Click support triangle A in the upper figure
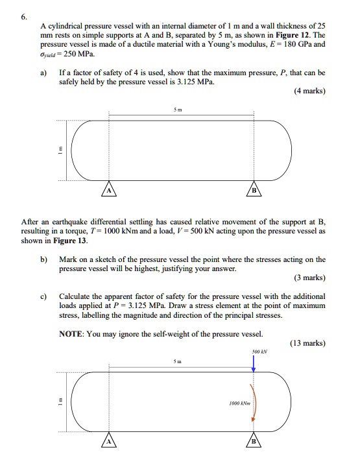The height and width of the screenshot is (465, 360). [109, 189]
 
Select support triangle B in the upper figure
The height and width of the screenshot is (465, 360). [254, 189]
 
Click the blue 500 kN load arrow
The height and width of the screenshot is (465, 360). [254, 362]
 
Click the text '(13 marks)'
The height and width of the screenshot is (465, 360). [308, 344]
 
